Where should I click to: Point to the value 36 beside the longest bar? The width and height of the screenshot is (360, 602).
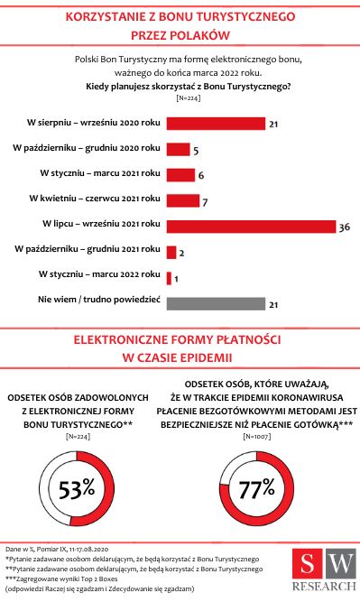tap(343, 227)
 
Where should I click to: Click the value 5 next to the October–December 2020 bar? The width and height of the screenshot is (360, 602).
tap(197, 151)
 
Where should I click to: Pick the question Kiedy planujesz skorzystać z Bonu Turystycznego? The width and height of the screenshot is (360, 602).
tap(188, 87)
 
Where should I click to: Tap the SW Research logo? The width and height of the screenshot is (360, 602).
tap(328, 571)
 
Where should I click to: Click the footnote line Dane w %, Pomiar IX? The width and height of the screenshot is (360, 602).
tap(57, 549)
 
